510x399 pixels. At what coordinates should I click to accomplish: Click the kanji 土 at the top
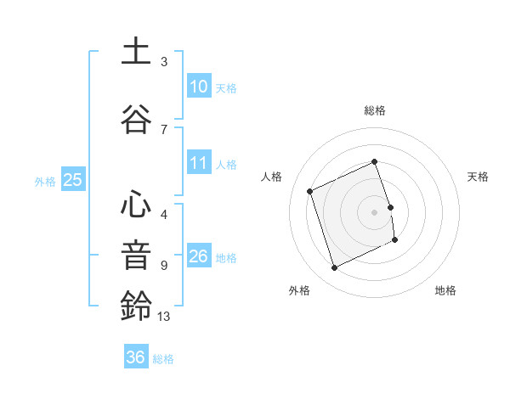tap(136, 53)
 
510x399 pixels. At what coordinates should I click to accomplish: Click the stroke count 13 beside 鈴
tap(165, 317)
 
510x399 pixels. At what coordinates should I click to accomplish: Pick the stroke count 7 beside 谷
tap(164, 129)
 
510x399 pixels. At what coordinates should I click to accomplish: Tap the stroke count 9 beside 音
tap(164, 265)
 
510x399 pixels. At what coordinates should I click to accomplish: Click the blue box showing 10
tap(198, 87)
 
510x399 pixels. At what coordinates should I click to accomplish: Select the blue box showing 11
tap(198, 163)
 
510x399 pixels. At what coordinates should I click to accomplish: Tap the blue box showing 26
tap(198, 256)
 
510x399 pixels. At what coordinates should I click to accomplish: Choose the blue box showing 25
tap(72, 180)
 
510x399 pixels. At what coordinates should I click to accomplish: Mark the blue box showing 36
tap(135, 357)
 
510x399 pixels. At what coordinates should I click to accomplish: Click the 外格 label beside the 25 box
tap(45, 181)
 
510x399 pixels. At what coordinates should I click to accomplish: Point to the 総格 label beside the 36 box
tap(163, 359)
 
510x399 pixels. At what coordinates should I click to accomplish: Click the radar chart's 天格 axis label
tap(478, 177)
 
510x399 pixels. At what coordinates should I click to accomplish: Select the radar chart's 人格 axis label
tap(272, 177)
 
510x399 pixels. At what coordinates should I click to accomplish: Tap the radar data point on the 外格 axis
tap(334, 268)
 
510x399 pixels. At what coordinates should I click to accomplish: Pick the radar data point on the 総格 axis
tap(374, 162)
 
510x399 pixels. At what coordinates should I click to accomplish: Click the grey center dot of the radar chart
tap(374, 211)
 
